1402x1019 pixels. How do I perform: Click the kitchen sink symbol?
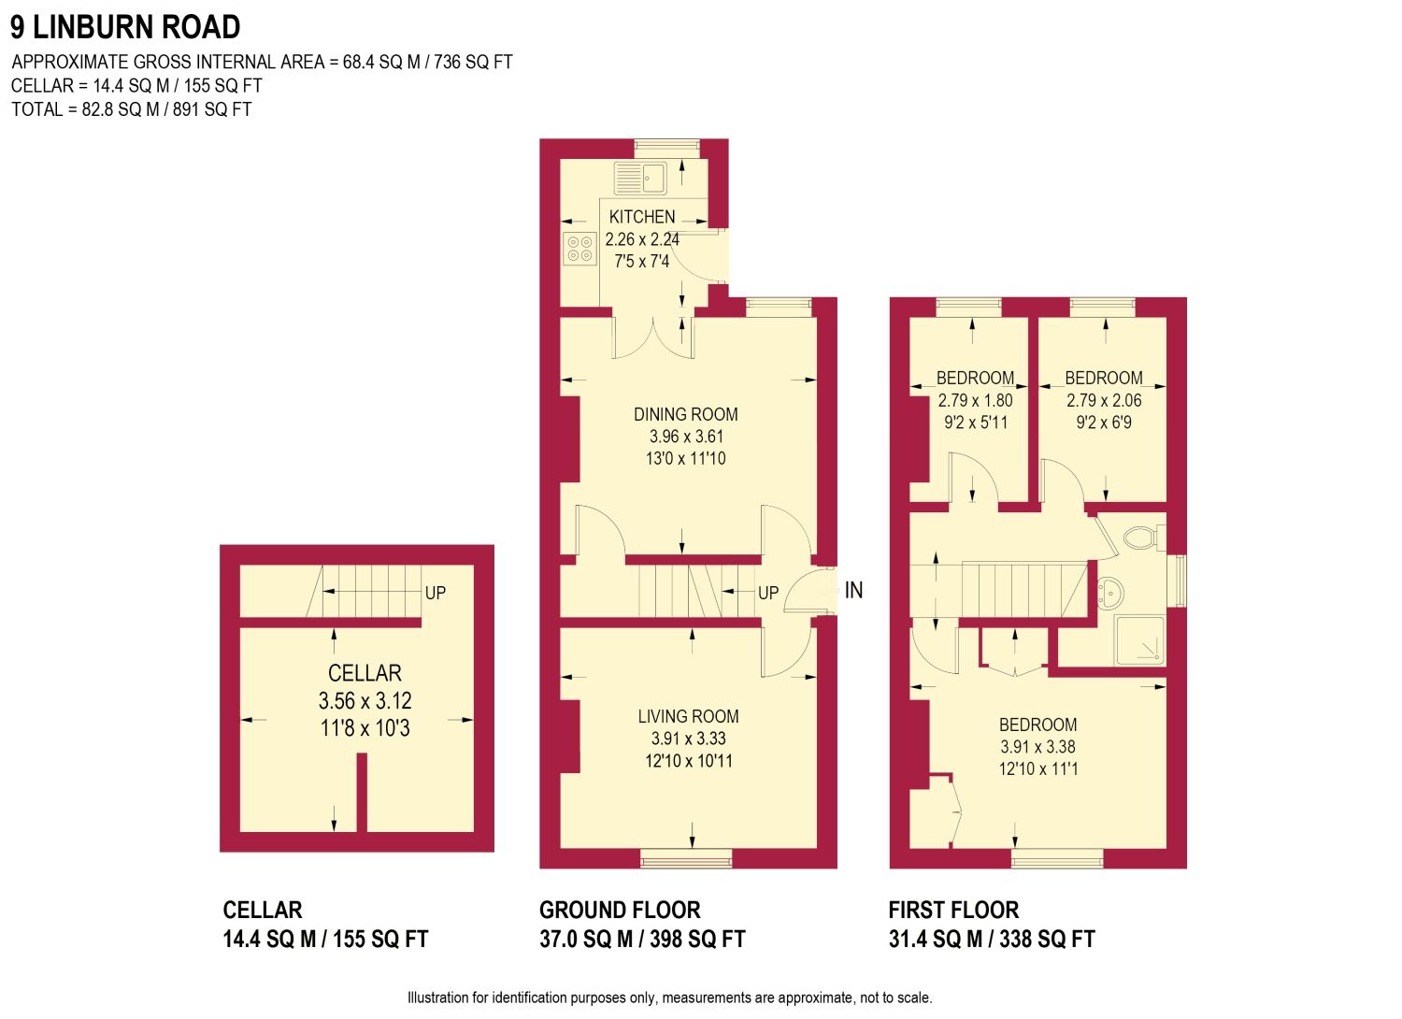(640, 177)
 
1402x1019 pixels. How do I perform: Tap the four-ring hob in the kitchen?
(579, 249)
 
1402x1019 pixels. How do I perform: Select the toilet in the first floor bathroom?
(1139, 538)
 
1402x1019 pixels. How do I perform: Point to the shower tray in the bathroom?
(1139, 640)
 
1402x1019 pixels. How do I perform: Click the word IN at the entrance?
(853, 590)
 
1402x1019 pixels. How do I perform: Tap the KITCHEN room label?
(642, 217)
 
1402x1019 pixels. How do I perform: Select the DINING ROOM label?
(686, 414)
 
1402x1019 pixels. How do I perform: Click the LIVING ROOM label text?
(689, 716)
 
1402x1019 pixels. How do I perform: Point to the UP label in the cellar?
(436, 593)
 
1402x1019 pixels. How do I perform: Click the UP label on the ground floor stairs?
(768, 593)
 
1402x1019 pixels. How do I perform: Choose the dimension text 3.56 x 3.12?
(365, 700)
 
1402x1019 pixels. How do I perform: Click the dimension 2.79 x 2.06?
(1104, 400)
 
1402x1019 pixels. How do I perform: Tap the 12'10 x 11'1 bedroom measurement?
(1037, 768)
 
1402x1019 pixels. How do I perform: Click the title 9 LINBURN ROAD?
(125, 27)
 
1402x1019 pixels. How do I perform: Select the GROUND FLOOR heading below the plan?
(620, 910)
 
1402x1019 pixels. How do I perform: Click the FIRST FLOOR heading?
(953, 910)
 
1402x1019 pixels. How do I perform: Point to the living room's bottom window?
(686, 857)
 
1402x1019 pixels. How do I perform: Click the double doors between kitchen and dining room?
(654, 337)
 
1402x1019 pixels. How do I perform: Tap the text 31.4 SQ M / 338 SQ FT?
(992, 940)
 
